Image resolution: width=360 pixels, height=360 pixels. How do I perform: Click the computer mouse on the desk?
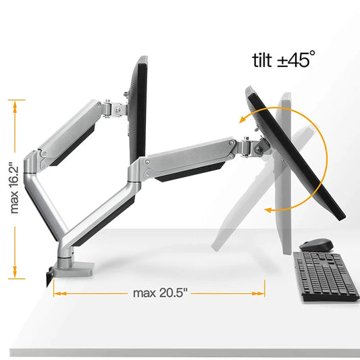tap(316, 245)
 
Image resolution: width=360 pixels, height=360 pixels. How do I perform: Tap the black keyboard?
tap(326, 276)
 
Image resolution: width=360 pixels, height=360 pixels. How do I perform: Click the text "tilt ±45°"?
tap(283, 59)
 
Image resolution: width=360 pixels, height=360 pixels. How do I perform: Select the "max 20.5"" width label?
tap(160, 293)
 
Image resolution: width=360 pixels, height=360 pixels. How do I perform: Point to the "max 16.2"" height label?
tap(14, 188)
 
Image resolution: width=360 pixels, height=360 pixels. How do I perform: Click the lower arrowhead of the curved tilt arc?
tap(268, 209)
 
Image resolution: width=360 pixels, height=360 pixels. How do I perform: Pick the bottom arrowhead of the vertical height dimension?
tap(15, 272)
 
